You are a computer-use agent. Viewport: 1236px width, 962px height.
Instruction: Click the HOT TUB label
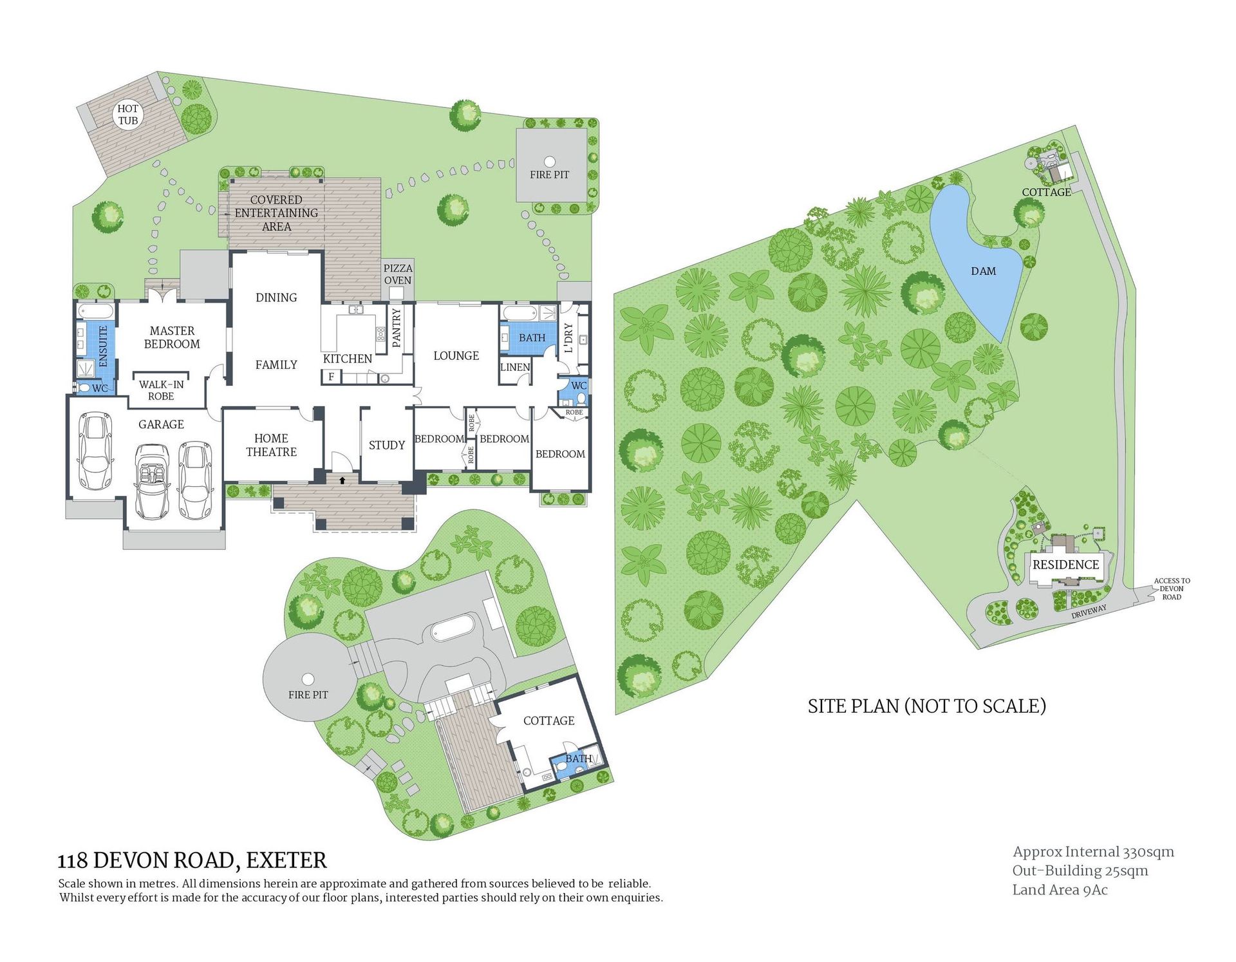[x=128, y=115]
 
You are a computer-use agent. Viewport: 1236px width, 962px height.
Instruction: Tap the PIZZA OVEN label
[x=398, y=274]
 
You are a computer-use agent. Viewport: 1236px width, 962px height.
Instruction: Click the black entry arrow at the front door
[x=342, y=480]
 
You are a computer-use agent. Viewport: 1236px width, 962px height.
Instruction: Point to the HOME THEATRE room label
[x=271, y=445]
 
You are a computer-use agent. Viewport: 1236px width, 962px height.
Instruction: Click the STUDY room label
[x=387, y=445]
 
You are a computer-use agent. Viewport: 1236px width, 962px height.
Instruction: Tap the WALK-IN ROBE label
[x=161, y=390]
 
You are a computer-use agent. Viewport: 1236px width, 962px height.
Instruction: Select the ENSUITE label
[x=103, y=346]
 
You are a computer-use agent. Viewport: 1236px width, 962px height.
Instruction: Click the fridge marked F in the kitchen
[x=331, y=377]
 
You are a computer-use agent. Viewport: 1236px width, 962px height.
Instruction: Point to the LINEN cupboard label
[x=515, y=367]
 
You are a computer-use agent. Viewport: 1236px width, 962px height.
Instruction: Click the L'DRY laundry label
[x=568, y=337]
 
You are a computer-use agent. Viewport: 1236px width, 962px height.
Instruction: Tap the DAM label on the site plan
[x=983, y=271]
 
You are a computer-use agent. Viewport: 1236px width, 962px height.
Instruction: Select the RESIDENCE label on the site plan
[x=1065, y=565]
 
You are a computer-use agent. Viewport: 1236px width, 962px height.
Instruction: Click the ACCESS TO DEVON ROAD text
[x=1172, y=589]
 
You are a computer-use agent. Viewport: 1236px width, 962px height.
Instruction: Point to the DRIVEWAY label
[x=1089, y=612]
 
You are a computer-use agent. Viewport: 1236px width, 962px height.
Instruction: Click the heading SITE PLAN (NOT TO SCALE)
[x=926, y=706]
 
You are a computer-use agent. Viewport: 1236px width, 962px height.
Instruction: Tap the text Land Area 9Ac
[x=1060, y=890]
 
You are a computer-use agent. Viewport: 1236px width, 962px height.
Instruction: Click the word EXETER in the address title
[x=286, y=860]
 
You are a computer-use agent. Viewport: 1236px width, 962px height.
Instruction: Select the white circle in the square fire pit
[x=549, y=161]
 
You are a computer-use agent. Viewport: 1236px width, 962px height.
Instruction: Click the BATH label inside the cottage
[x=578, y=759]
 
